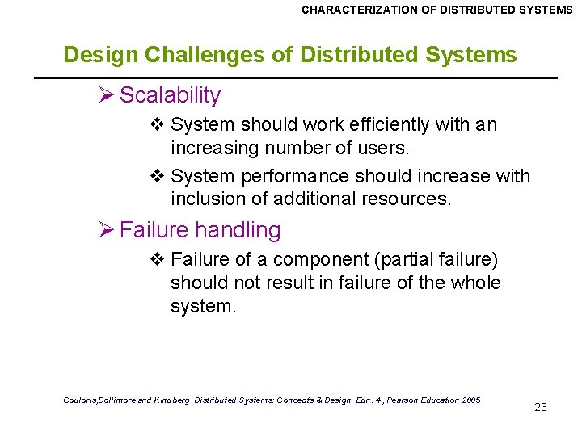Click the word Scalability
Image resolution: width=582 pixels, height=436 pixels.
tap(170, 95)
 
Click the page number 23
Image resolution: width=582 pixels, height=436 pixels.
tap(541, 407)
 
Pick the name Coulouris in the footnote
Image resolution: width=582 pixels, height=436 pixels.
tap(81, 400)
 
